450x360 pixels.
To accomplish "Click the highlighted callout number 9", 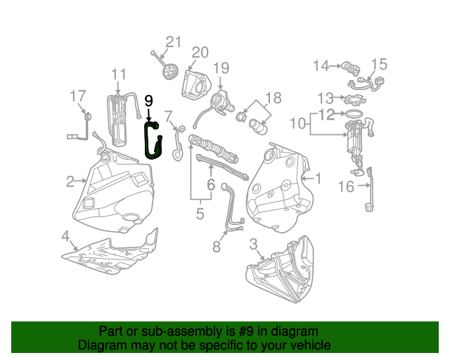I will pyautogui.click(x=148, y=101).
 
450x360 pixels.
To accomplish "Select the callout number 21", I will pyautogui.click(x=173, y=41).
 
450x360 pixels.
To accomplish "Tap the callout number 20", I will pyautogui.click(x=200, y=53).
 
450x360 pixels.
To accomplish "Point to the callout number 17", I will pyautogui.click(x=77, y=96).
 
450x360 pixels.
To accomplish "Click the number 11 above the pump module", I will pyautogui.click(x=118, y=74).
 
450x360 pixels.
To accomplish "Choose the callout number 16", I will pyautogui.click(x=347, y=186).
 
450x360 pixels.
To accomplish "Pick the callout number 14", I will pyautogui.click(x=321, y=66).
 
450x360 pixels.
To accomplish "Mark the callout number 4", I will pyautogui.click(x=65, y=235).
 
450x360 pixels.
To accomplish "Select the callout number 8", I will pyautogui.click(x=216, y=247).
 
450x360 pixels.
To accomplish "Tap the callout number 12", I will pyautogui.click(x=326, y=113).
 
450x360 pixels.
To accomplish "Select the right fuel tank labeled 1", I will pyautogui.click(x=278, y=190).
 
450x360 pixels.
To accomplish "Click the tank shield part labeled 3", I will pyautogui.click(x=281, y=274).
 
